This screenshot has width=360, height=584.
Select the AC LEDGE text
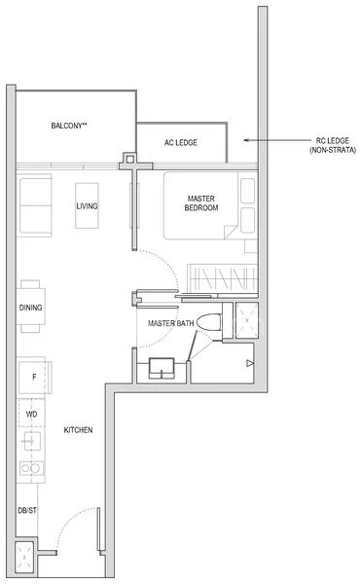pos(180,143)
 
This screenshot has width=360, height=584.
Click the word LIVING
pos(88,206)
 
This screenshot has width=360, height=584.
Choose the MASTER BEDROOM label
pos(202,203)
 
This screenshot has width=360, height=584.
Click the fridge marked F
pos(33,376)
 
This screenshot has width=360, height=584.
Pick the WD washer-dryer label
pos(31,414)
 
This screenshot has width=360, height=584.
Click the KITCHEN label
pos(78,430)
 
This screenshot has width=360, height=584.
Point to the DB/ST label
pos(26,510)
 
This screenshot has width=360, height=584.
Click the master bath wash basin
pos(162,366)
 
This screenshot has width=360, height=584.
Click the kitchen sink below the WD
pos(30,443)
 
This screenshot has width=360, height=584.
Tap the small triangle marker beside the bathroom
pos(250,364)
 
